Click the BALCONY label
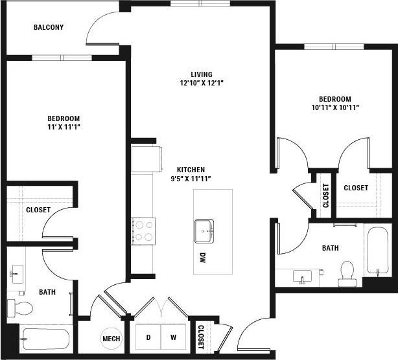49,27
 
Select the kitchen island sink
204,230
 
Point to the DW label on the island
202,257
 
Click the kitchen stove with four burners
143,231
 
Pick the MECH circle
110,338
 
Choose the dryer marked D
148,337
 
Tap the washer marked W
173,337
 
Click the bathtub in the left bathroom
45,339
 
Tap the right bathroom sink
301,277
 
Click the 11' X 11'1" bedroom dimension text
64,127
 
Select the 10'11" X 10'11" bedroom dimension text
334,107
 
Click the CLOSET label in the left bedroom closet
38,210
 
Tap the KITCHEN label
191,170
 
